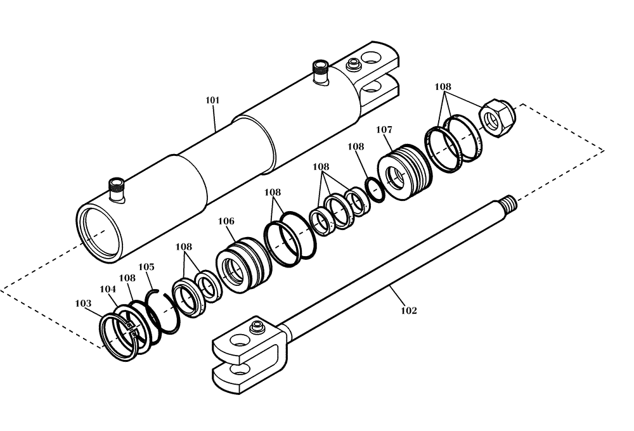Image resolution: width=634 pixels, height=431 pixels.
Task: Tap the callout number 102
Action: coord(408,311)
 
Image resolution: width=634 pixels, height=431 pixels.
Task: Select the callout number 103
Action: coord(83,304)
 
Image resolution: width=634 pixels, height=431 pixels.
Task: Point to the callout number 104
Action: coord(108,289)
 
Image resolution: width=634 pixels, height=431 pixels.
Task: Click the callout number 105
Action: coord(146,267)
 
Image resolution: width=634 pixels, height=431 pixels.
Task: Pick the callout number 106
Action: coord(226,221)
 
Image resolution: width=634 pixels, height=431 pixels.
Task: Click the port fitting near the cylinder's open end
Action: coord(117,188)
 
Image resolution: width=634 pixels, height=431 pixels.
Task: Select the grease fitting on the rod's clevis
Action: coord(257,326)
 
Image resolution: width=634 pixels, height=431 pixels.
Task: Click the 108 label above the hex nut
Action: coord(443,86)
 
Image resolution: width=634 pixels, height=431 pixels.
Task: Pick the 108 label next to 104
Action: coord(127,278)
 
